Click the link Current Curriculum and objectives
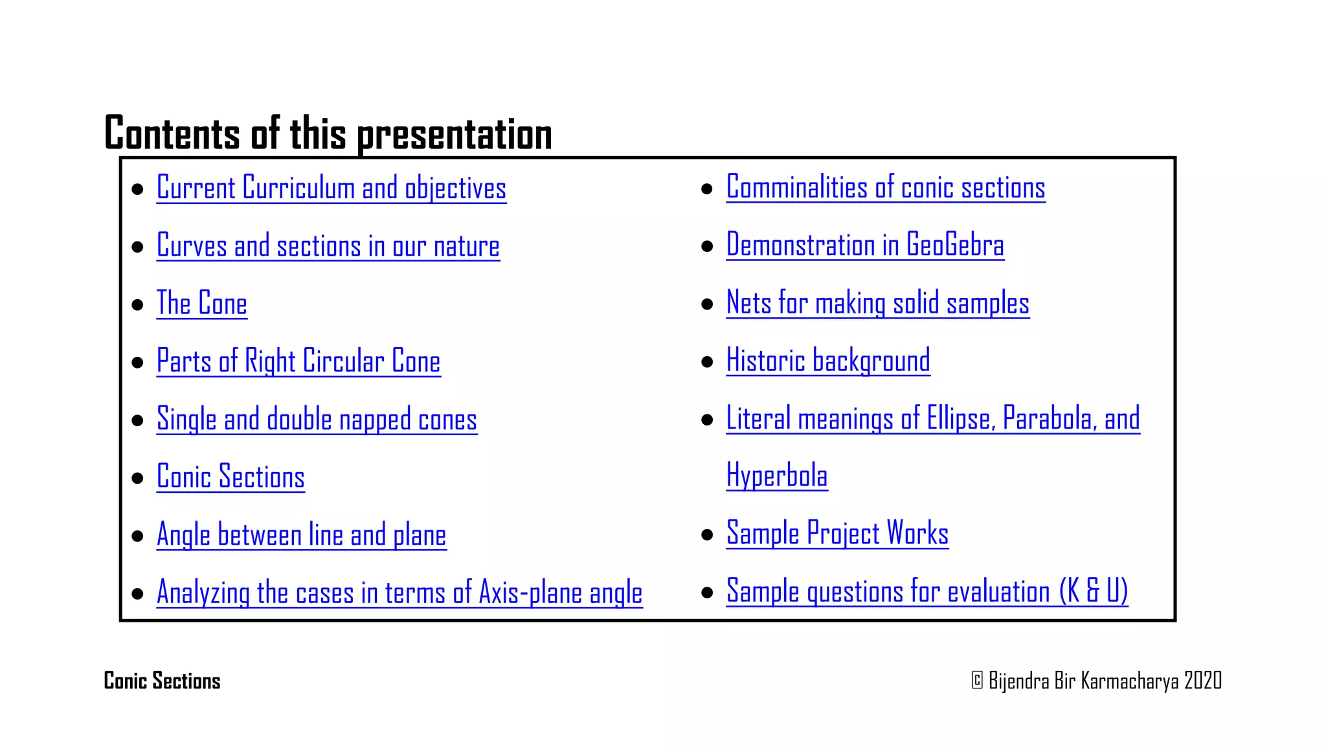(331, 188)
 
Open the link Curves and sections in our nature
(328, 247)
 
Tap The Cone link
(201, 304)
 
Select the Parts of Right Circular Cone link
(298, 361)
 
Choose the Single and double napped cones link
(317, 420)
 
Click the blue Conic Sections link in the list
(230, 477)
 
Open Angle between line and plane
(301, 536)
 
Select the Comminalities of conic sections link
(885, 188)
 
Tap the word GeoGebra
(955, 245)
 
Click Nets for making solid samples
(877, 303)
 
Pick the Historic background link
(827, 361)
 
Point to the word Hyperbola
(776, 476)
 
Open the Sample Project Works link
(837, 534)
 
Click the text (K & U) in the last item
(1094, 591)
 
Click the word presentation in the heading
(455, 135)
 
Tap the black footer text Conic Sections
(162, 681)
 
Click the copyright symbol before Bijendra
(977, 681)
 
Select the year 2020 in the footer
(1202, 681)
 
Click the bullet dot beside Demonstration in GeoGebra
(707, 247)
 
